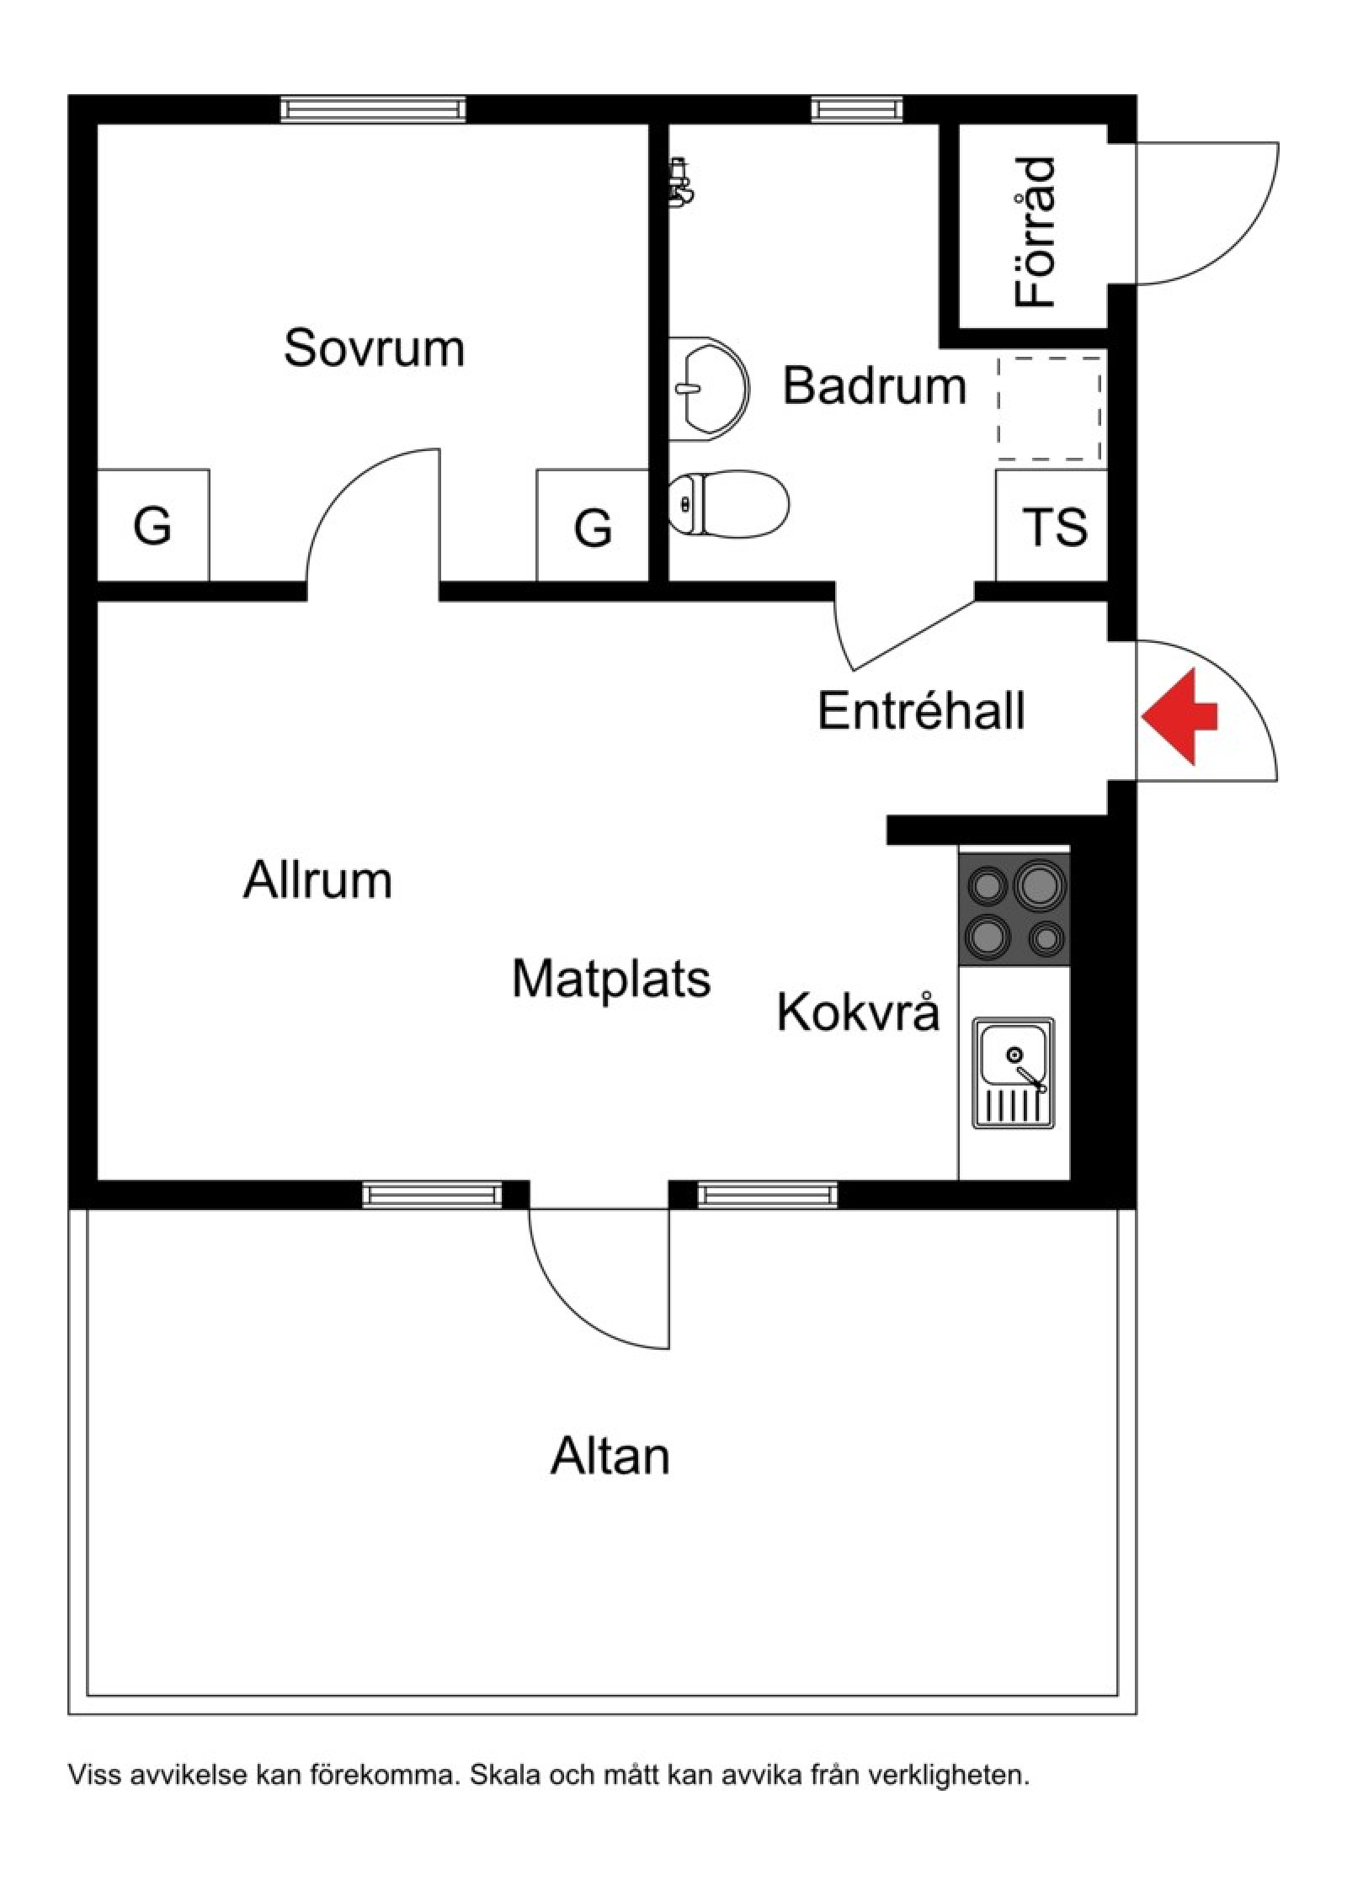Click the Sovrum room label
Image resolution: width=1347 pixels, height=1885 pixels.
click(x=374, y=348)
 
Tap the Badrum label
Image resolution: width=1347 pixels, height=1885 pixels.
click(x=874, y=385)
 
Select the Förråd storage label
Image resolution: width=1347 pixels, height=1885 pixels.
click(x=1035, y=231)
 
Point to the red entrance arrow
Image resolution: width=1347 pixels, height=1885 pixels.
click(x=1179, y=716)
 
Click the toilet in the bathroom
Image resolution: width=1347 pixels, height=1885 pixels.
click(x=729, y=504)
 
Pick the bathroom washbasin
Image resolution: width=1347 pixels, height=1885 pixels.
click(x=708, y=389)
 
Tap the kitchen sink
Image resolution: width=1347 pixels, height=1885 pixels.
click(x=1014, y=1073)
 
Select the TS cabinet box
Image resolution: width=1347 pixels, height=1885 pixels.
click(x=1052, y=525)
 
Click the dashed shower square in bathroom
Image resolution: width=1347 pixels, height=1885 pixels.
click(x=1050, y=408)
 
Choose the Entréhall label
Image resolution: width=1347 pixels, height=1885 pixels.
click(x=921, y=710)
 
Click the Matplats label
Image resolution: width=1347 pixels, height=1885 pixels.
click(x=611, y=979)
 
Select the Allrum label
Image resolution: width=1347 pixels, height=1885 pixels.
click(x=318, y=880)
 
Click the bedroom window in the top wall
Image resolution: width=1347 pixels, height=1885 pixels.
click(x=373, y=109)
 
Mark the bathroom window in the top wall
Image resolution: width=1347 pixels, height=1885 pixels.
click(x=857, y=109)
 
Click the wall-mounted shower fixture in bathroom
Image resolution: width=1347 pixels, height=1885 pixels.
click(x=680, y=181)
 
